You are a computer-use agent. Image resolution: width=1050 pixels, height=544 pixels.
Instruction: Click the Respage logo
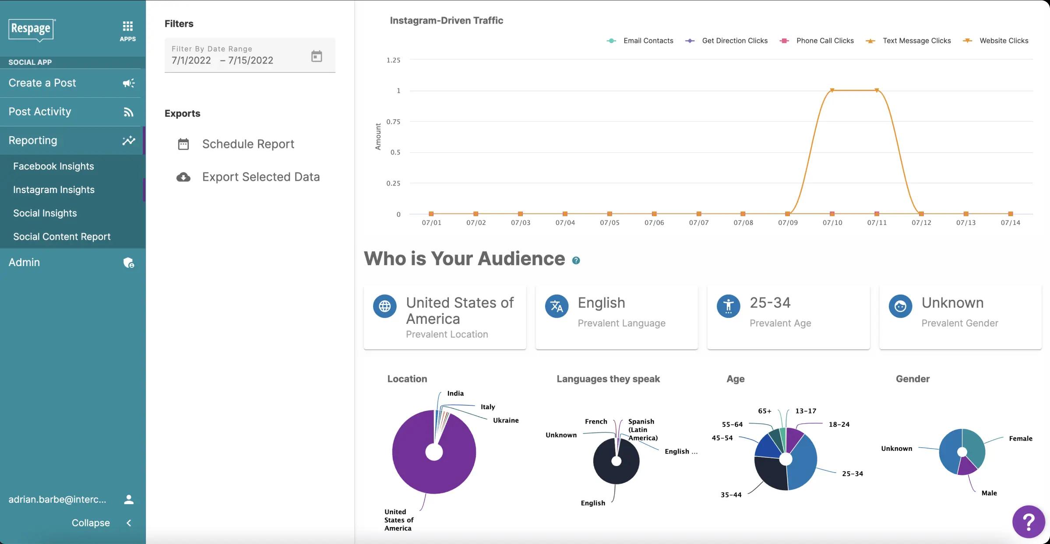31,29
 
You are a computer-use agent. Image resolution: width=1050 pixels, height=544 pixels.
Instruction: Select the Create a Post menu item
42,83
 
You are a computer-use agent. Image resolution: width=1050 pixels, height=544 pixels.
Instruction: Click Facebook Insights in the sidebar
53,166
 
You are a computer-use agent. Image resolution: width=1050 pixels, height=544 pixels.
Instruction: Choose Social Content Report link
62,237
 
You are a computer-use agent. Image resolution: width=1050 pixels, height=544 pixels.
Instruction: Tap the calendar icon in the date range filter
316,56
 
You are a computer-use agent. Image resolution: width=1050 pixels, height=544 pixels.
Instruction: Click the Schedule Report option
248,144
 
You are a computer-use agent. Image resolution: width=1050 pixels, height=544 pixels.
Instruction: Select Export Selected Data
261,177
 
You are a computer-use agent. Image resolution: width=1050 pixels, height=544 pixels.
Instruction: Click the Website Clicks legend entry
1003,41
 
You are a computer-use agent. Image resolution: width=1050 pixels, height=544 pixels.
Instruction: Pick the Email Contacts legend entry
648,41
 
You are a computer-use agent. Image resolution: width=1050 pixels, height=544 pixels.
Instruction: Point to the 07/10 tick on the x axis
832,223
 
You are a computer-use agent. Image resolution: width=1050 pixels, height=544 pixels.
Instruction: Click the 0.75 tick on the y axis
393,122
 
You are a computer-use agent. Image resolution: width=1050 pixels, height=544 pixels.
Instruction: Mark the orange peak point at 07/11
877,91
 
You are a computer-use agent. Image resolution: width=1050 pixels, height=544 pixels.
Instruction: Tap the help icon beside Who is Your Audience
576,260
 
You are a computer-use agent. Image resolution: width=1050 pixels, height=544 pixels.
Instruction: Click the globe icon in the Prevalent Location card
384,306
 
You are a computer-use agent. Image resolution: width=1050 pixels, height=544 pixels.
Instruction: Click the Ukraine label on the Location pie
505,421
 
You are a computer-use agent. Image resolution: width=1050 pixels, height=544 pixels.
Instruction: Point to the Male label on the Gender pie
989,493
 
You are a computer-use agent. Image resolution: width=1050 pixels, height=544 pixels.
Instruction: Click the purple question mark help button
1028,522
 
